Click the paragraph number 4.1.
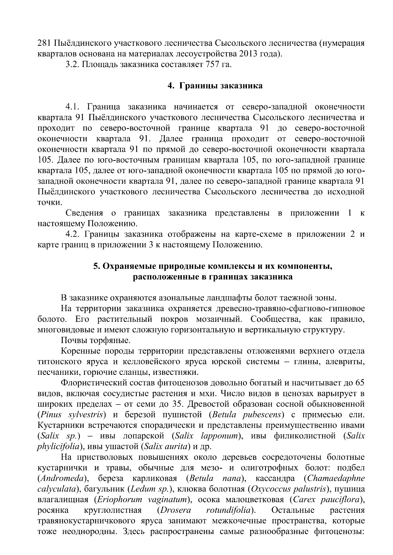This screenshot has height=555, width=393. point(73,107)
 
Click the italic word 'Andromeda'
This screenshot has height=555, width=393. point(64,479)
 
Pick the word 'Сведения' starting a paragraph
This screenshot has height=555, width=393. point(84,213)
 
